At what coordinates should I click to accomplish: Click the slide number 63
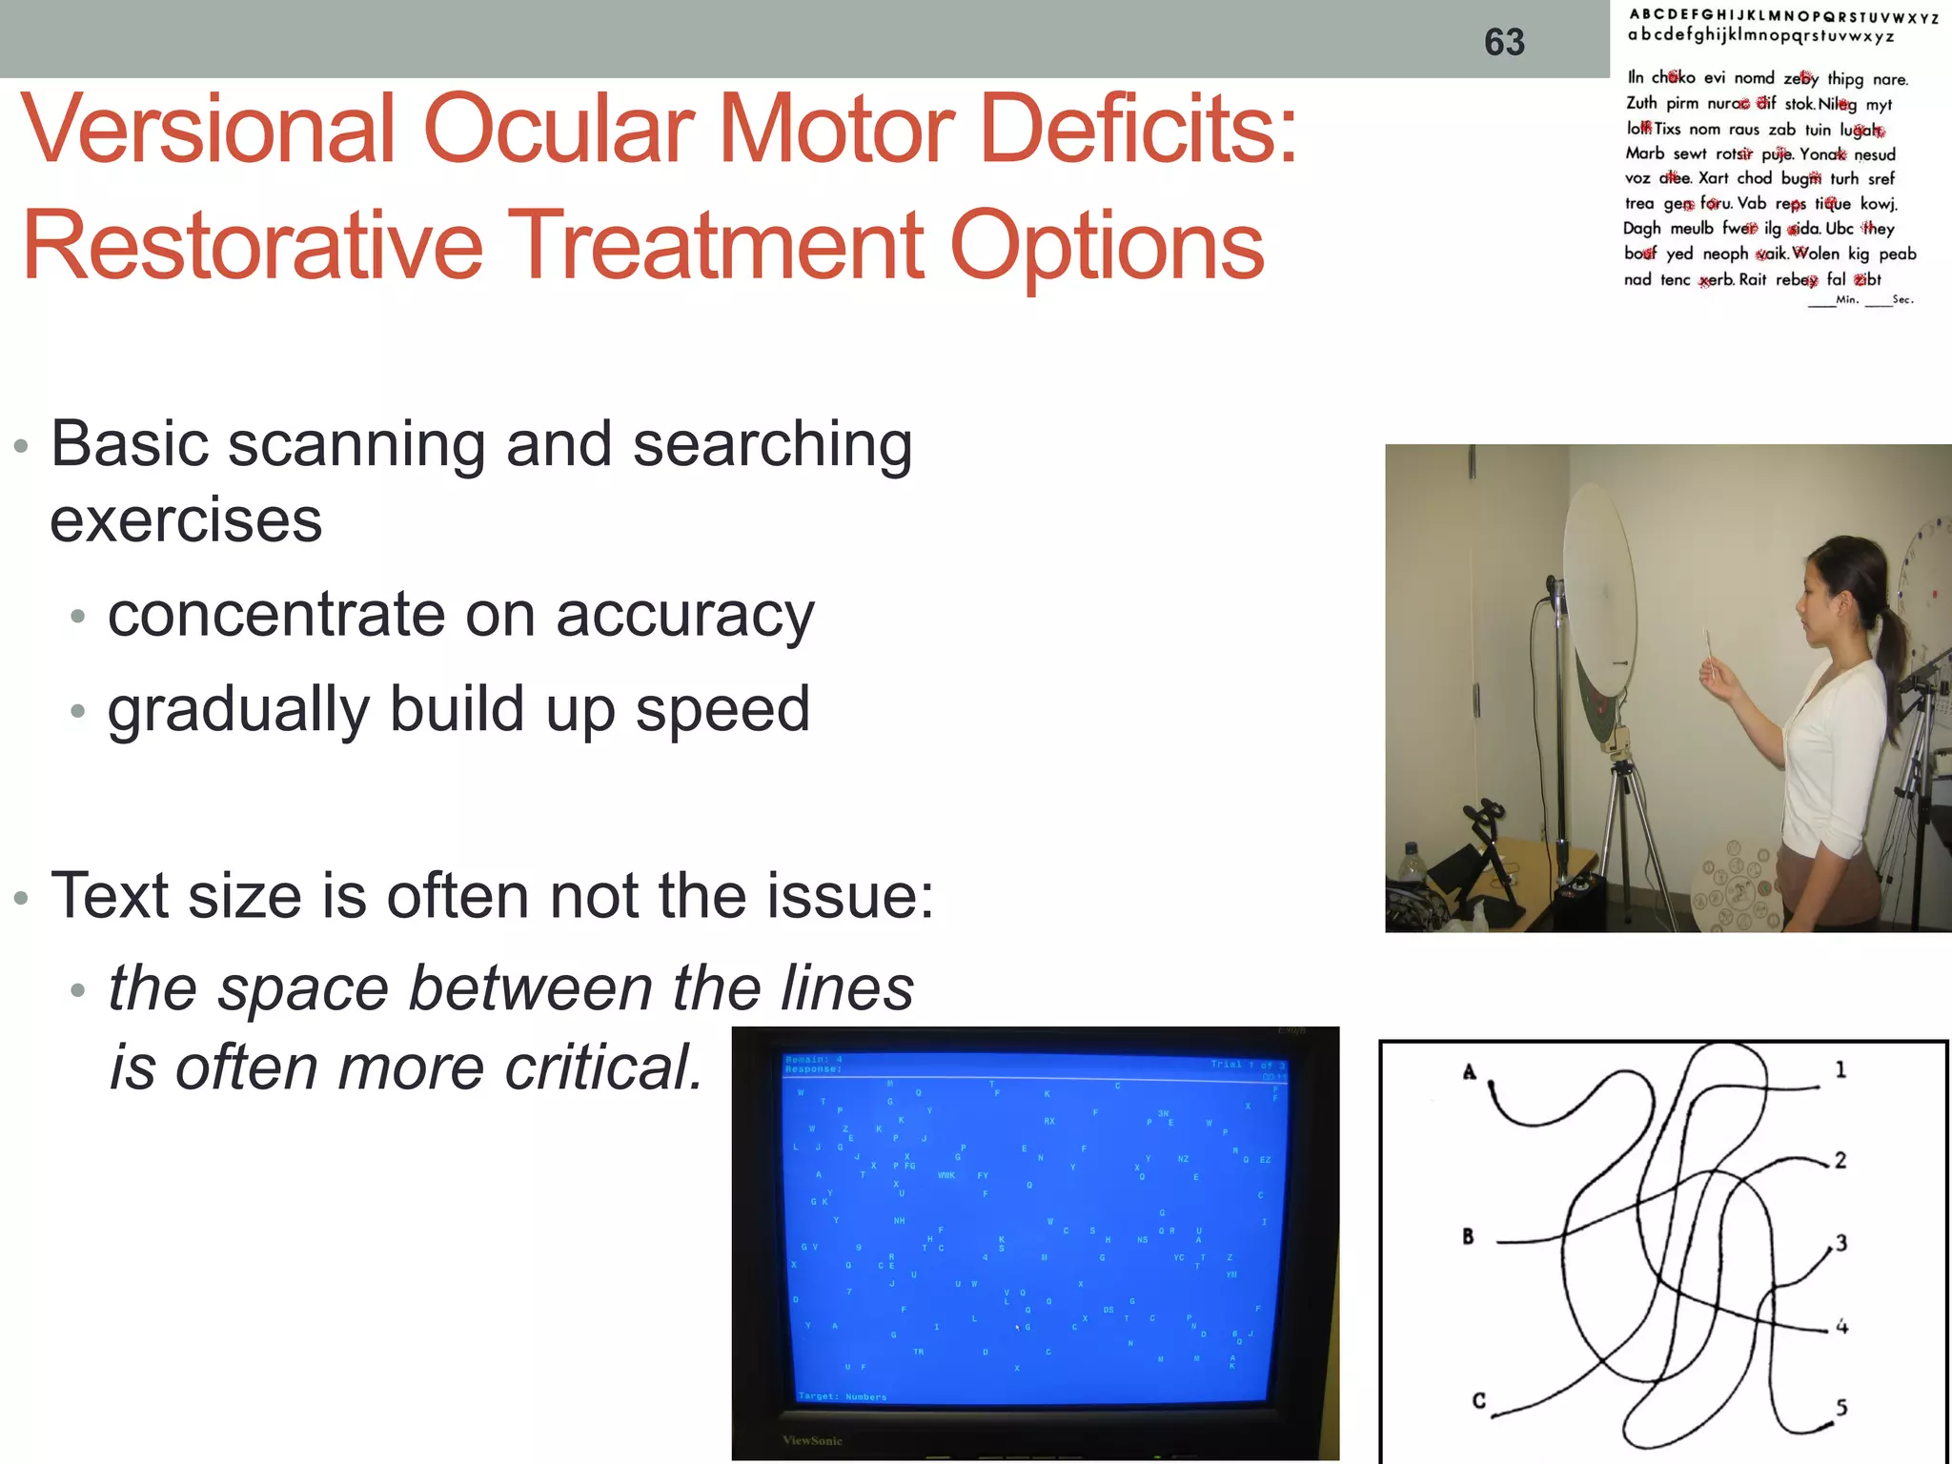point(1504,42)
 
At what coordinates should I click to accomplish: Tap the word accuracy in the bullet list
point(684,616)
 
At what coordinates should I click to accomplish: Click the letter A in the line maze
point(1469,1073)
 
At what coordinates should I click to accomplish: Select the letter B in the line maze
point(1468,1236)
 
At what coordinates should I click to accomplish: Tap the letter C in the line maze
point(1478,1400)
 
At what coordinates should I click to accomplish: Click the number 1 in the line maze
point(1840,1070)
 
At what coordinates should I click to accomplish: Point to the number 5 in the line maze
point(1841,1408)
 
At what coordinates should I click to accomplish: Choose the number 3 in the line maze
point(1841,1243)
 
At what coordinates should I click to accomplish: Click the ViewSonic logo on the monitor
point(812,1440)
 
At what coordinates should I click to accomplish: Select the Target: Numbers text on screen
point(843,1396)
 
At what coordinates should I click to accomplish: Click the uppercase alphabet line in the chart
point(1782,16)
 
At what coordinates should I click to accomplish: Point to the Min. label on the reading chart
point(1847,299)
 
